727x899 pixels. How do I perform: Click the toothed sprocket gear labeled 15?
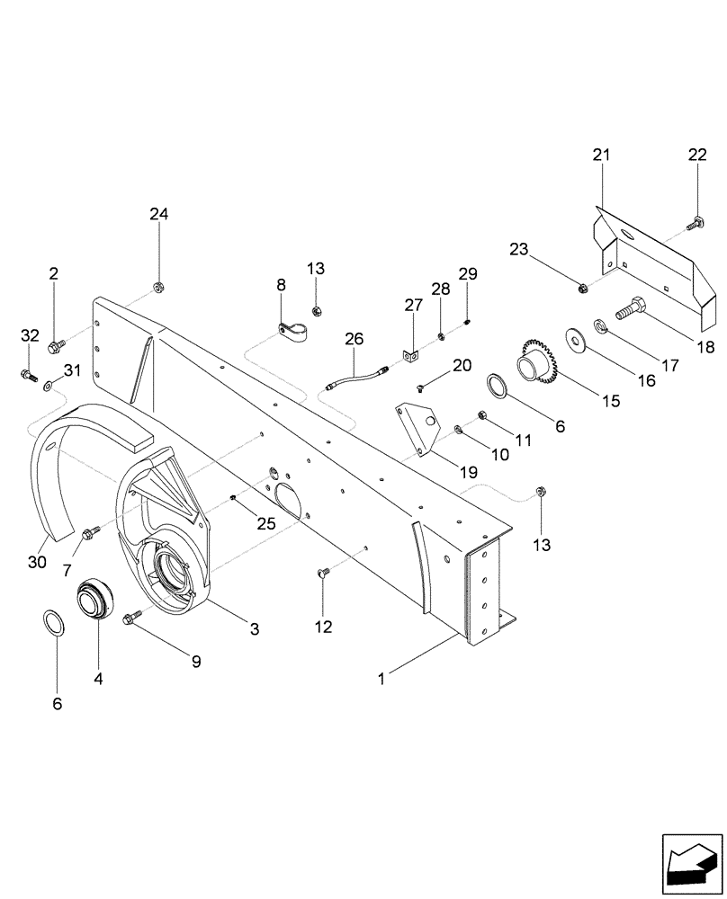coord(538,363)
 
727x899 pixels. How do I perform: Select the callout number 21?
coord(601,155)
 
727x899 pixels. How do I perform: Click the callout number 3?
coord(255,630)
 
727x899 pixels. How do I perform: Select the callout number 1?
coord(381,680)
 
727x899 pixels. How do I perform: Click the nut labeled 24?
coord(159,288)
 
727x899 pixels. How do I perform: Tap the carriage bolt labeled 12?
coord(324,572)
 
